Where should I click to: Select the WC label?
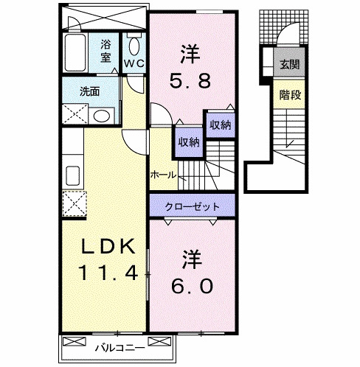click(x=134, y=63)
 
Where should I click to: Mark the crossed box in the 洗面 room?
click(x=73, y=115)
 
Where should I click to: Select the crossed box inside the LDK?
click(x=73, y=202)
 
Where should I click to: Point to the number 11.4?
click(x=103, y=274)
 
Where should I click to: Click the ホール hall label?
click(x=162, y=175)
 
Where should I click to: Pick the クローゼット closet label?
click(x=192, y=206)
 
